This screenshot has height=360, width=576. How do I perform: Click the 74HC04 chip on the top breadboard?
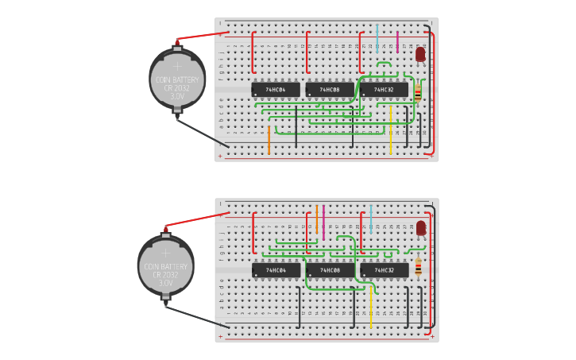276,90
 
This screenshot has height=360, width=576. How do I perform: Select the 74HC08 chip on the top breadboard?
330,90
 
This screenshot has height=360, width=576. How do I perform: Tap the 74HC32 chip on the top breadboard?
385,90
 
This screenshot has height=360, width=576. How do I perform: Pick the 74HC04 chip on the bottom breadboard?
276,270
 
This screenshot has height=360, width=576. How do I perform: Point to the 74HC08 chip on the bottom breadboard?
330,270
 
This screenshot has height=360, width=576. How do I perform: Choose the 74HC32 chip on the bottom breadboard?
385,270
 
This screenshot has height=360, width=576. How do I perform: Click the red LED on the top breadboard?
420,55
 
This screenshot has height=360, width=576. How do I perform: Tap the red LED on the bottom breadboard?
420,228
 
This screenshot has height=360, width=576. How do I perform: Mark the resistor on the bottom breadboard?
418,266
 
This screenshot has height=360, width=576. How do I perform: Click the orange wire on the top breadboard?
269,139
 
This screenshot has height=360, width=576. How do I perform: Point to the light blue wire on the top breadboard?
377,38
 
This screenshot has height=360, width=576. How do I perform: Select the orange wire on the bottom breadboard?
316,219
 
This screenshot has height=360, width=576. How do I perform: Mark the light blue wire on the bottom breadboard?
371,217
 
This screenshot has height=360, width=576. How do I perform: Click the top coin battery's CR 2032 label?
177,87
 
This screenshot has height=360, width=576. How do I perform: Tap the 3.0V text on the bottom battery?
166,283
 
